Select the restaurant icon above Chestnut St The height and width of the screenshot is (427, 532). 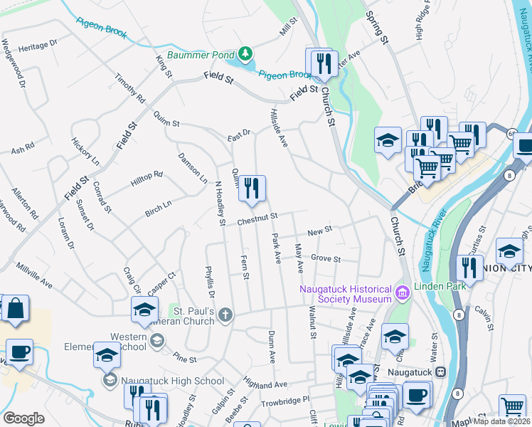coord(251,189)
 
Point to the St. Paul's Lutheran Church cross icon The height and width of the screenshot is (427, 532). coord(225,315)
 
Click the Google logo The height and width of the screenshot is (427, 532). coord(23,418)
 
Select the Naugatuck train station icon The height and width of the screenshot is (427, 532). coord(440,371)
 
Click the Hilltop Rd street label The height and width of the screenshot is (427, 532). coord(147,179)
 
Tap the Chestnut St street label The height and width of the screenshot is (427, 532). coord(257,218)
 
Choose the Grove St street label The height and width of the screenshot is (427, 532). coord(326,258)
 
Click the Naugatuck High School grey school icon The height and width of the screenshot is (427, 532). coord(110,381)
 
